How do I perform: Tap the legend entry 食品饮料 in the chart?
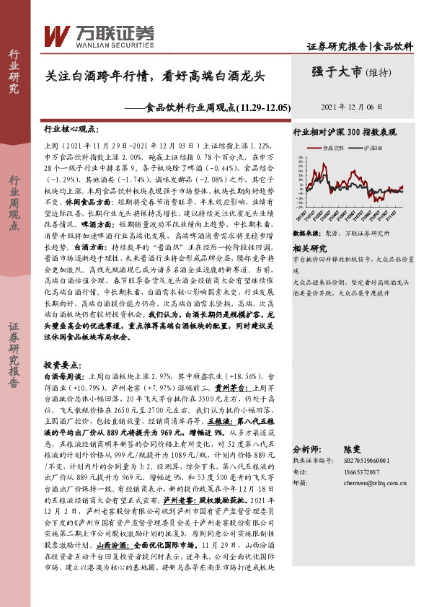334,147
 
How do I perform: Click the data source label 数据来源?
306,235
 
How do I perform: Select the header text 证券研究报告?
336,47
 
